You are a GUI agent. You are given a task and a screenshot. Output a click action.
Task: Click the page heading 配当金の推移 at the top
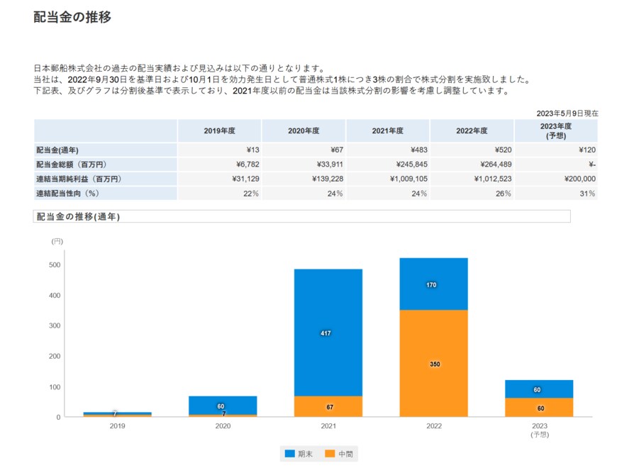pyautogui.click(x=72, y=18)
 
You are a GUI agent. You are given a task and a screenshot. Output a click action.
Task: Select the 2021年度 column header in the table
pyautogui.click(x=387, y=130)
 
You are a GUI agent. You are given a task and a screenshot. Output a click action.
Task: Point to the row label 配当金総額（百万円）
pyautogui.click(x=71, y=165)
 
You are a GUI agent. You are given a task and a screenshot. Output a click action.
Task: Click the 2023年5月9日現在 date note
pyautogui.click(x=567, y=113)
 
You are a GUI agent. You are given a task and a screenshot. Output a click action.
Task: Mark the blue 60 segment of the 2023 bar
pyautogui.click(x=538, y=389)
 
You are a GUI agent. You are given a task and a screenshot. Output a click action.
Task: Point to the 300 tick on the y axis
pyautogui.click(x=54, y=326)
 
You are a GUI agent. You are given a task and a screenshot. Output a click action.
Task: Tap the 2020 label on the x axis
pyautogui.click(x=223, y=426)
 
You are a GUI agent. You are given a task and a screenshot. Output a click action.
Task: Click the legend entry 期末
pyautogui.click(x=298, y=453)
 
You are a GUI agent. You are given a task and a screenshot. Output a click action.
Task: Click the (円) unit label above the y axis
pyautogui.click(x=57, y=242)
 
